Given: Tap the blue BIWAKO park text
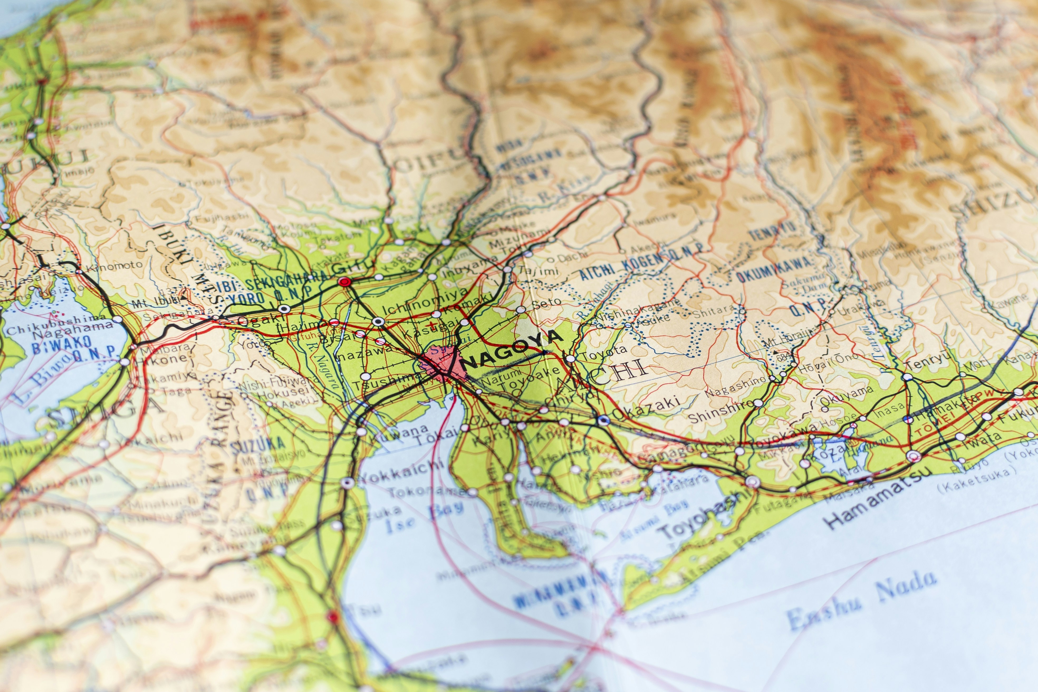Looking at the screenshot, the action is point(61,343).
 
